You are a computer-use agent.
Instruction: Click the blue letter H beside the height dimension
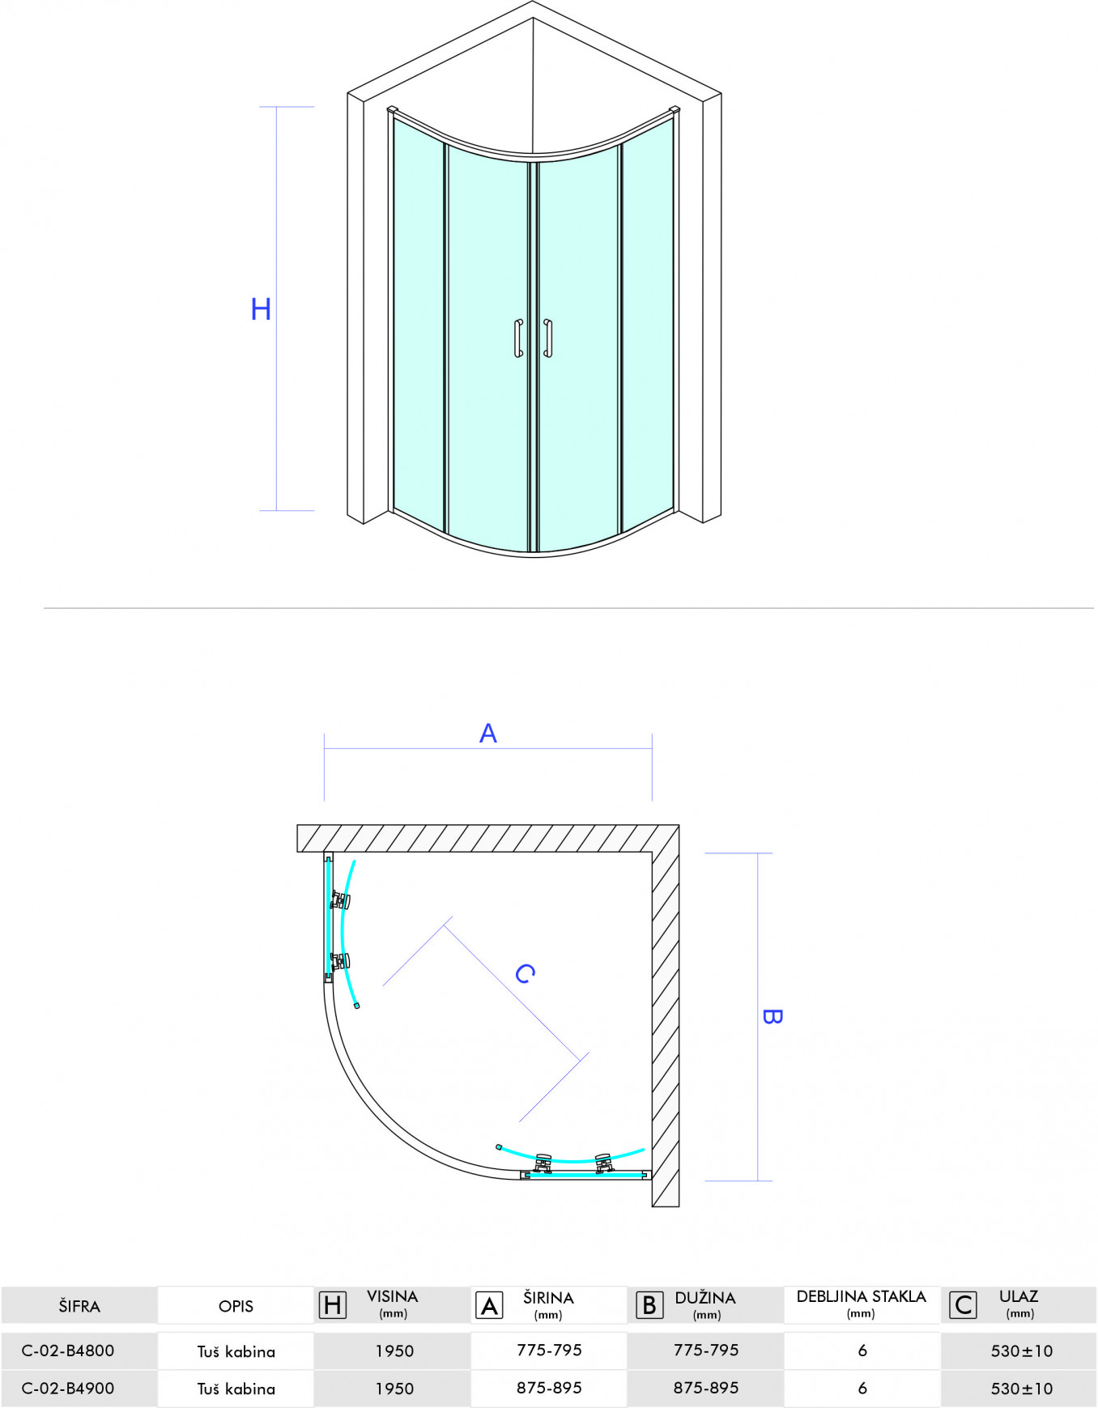point(261,309)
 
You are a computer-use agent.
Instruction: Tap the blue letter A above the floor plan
point(488,734)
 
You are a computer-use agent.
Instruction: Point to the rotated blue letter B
point(772,1017)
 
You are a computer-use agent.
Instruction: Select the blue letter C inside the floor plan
point(526,973)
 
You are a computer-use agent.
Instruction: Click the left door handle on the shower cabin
point(518,338)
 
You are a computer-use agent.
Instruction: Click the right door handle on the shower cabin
point(548,338)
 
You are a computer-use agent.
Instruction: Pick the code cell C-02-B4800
point(68,1351)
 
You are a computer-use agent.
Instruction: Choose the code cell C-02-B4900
point(68,1389)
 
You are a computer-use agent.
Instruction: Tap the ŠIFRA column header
point(79,1306)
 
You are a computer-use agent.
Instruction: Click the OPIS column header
point(236,1306)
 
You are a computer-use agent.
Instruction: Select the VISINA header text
point(393,1297)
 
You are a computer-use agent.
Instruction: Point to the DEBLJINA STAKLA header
point(861,1297)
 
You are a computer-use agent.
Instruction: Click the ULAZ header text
point(1019,1297)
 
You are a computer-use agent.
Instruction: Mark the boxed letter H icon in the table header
point(333,1305)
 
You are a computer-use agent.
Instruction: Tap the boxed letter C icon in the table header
point(963,1305)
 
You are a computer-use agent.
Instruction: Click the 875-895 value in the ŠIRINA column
point(549,1388)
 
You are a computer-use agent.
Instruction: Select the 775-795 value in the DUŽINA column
point(706,1350)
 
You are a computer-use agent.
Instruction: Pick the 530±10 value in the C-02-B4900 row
point(1022,1389)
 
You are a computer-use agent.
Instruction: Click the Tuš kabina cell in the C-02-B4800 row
point(236,1351)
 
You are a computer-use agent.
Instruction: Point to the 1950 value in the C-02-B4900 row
point(394,1389)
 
